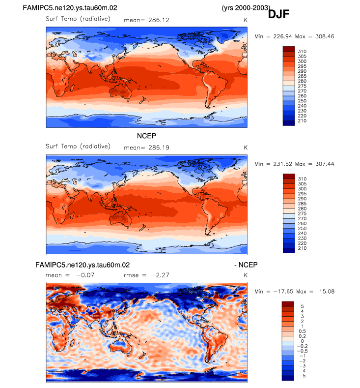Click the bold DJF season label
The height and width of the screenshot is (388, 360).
(x=278, y=14)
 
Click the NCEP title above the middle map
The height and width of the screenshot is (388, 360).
(x=146, y=136)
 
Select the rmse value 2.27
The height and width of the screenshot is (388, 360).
(x=162, y=275)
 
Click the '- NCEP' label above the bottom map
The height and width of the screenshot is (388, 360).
(x=246, y=265)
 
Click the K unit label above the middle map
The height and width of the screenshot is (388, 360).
(x=245, y=147)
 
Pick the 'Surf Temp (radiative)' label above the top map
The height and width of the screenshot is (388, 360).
(x=78, y=19)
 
